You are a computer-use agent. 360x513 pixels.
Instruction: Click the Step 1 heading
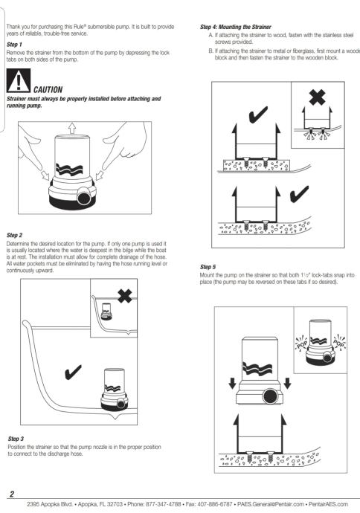[14, 45]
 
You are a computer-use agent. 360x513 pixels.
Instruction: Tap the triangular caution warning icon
[19, 80]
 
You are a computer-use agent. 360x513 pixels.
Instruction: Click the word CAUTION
[48, 90]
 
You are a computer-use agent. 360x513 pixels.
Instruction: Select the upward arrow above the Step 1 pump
[72, 128]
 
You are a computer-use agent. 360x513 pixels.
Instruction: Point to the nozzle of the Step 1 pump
[84, 197]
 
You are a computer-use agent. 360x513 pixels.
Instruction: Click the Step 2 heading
[14, 235]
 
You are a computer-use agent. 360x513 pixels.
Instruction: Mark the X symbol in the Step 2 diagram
[125, 297]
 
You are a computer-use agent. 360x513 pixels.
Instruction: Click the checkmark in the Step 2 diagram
[73, 372]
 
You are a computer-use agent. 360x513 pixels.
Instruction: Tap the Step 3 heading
[16, 439]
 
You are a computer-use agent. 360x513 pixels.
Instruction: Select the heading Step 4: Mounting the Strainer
[236, 27]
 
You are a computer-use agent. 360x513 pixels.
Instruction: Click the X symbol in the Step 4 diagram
[317, 97]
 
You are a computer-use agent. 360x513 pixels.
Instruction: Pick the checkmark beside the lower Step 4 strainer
[299, 194]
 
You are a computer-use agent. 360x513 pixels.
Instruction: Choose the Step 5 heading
[208, 267]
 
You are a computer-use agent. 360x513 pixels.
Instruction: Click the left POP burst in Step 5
[301, 343]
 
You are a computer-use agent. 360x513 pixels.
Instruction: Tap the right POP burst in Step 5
[339, 343]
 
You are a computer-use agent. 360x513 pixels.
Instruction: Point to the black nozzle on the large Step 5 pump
[270, 396]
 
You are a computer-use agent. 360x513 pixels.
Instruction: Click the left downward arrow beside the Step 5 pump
[232, 383]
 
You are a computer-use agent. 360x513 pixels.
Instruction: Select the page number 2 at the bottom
[12, 494]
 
